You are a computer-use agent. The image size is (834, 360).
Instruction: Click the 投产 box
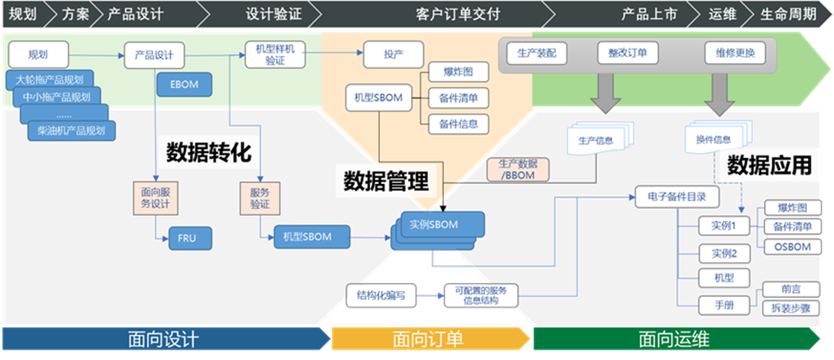pos(393,54)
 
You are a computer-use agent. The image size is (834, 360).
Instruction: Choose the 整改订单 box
pos(627,53)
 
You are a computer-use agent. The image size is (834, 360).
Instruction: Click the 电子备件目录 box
pos(677,197)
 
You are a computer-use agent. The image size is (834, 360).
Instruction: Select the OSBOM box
pos(786,247)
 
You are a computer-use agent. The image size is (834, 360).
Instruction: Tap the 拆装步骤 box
pos(791,307)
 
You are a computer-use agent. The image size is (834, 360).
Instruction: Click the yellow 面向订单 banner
pos(426,339)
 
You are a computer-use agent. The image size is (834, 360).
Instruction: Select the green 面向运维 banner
pos(673,339)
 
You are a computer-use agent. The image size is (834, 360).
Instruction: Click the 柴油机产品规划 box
pos(71,131)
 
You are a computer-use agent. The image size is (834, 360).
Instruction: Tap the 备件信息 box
pos(458,123)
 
